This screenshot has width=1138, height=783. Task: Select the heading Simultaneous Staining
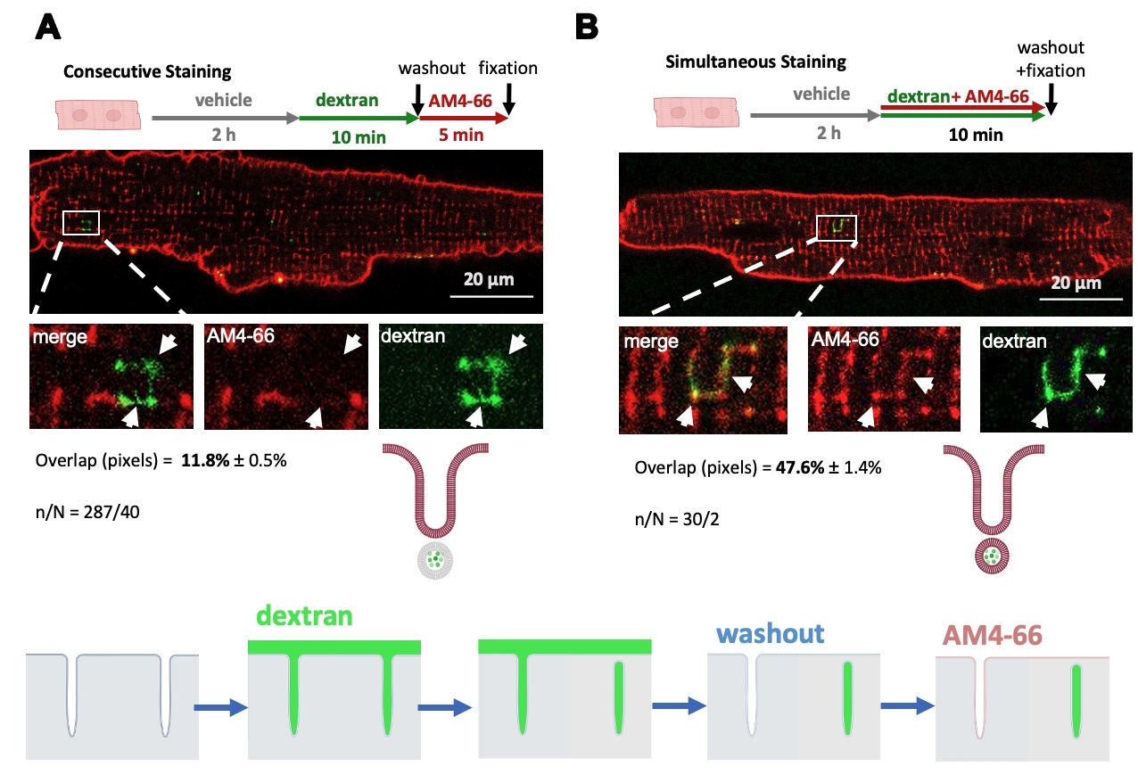click(x=755, y=62)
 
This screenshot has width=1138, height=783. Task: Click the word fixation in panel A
click(x=508, y=68)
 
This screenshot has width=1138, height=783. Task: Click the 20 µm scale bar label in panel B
click(x=1076, y=284)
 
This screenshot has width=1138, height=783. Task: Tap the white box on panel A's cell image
click(x=81, y=223)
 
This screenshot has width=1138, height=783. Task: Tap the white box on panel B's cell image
click(x=837, y=227)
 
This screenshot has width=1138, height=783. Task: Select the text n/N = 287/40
click(x=87, y=513)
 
